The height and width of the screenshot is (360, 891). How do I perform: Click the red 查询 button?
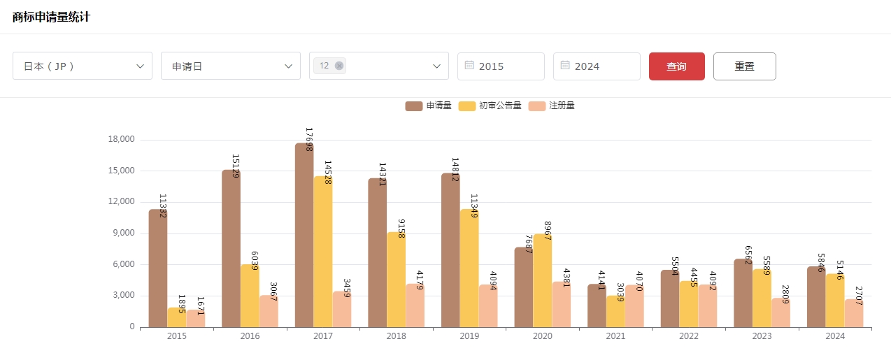pos(676,66)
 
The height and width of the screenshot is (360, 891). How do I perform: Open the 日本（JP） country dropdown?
pos(83,66)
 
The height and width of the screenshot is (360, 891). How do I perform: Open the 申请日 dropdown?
pos(230,66)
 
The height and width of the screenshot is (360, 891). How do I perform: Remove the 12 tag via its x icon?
pos(339,66)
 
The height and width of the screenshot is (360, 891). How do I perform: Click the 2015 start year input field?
pos(501,66)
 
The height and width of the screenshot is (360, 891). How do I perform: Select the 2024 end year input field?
pos(597,66)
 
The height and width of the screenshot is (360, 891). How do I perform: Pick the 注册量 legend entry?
pos(552,106)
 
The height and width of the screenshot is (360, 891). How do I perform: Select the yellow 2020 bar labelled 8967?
pos(542,280)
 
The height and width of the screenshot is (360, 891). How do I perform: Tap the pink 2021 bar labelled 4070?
pos(634,306)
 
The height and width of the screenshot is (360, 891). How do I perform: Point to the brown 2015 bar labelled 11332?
pos(158,268)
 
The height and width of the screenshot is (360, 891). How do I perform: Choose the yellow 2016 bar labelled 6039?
pos(250,296)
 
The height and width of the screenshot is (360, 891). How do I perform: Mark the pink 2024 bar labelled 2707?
pos(853,313)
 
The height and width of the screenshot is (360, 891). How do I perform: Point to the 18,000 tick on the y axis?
pos(121,140)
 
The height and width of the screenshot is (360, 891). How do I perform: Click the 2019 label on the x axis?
pos(469,337)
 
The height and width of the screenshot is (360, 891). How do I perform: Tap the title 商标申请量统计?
pos(51,17)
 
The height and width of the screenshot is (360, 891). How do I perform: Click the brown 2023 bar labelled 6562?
pos(743,293)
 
